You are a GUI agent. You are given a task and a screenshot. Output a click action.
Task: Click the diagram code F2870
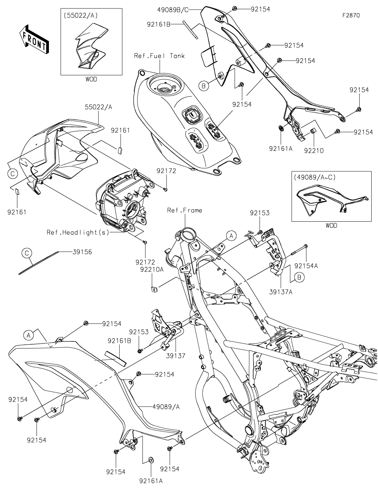[352, 16]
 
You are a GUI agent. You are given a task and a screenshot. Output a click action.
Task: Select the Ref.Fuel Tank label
[159, 56]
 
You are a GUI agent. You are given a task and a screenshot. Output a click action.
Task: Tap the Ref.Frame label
[185, 210]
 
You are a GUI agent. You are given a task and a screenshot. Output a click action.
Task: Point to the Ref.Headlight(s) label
[78, 232]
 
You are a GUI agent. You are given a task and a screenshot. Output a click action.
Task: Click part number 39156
[82, 252]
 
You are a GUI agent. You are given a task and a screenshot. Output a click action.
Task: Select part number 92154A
[306, 266]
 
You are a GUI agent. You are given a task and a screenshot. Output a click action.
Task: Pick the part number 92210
[314, 150]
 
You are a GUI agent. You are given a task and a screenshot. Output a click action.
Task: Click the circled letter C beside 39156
[27, 252]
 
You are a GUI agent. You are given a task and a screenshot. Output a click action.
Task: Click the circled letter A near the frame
[231, 235]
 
